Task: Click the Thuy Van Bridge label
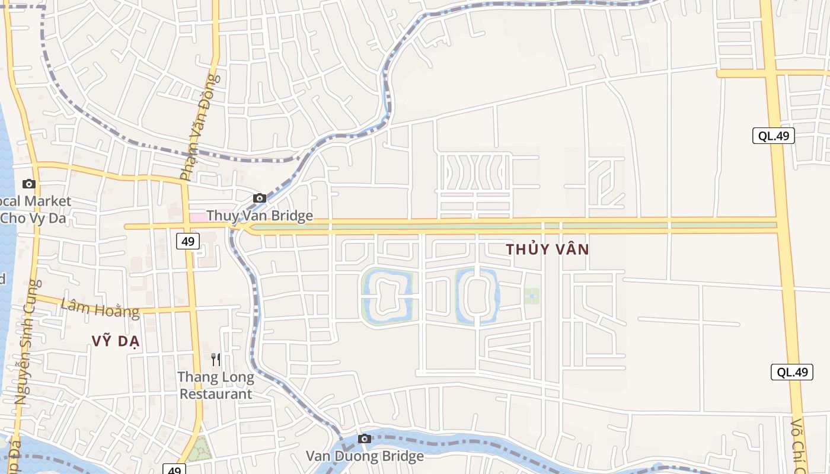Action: click(x=260, y=216)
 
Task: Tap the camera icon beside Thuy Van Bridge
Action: click(x=259, y=198)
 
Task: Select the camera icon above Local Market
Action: click(x=29, y=184)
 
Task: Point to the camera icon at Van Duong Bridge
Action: click(x=365, y=438)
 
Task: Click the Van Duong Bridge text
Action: click(x=365, y=456)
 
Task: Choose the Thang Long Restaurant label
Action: click(x=216, y=385)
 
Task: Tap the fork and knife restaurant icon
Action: click(x=216, y=359)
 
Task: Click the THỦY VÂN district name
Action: click(x=548, y=249)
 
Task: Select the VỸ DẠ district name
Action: click(x=116, y=340)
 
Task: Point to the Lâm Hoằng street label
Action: click(x=100, y=308)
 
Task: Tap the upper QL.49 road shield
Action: click(x=774, y=136)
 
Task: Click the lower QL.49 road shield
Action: click(x=791, y=372)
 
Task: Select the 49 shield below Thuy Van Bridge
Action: click(x=188, y=241)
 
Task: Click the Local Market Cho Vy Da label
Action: click(x=36, y=210)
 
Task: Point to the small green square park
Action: click(x=531, y=296)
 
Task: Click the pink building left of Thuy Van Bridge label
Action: click(x=197, y=217)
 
